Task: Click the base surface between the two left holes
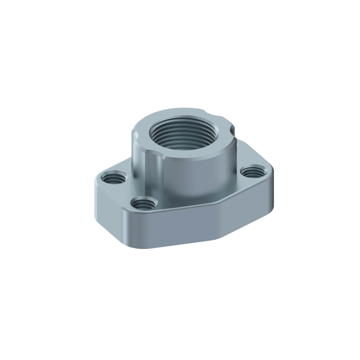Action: (x=127, y=190)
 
